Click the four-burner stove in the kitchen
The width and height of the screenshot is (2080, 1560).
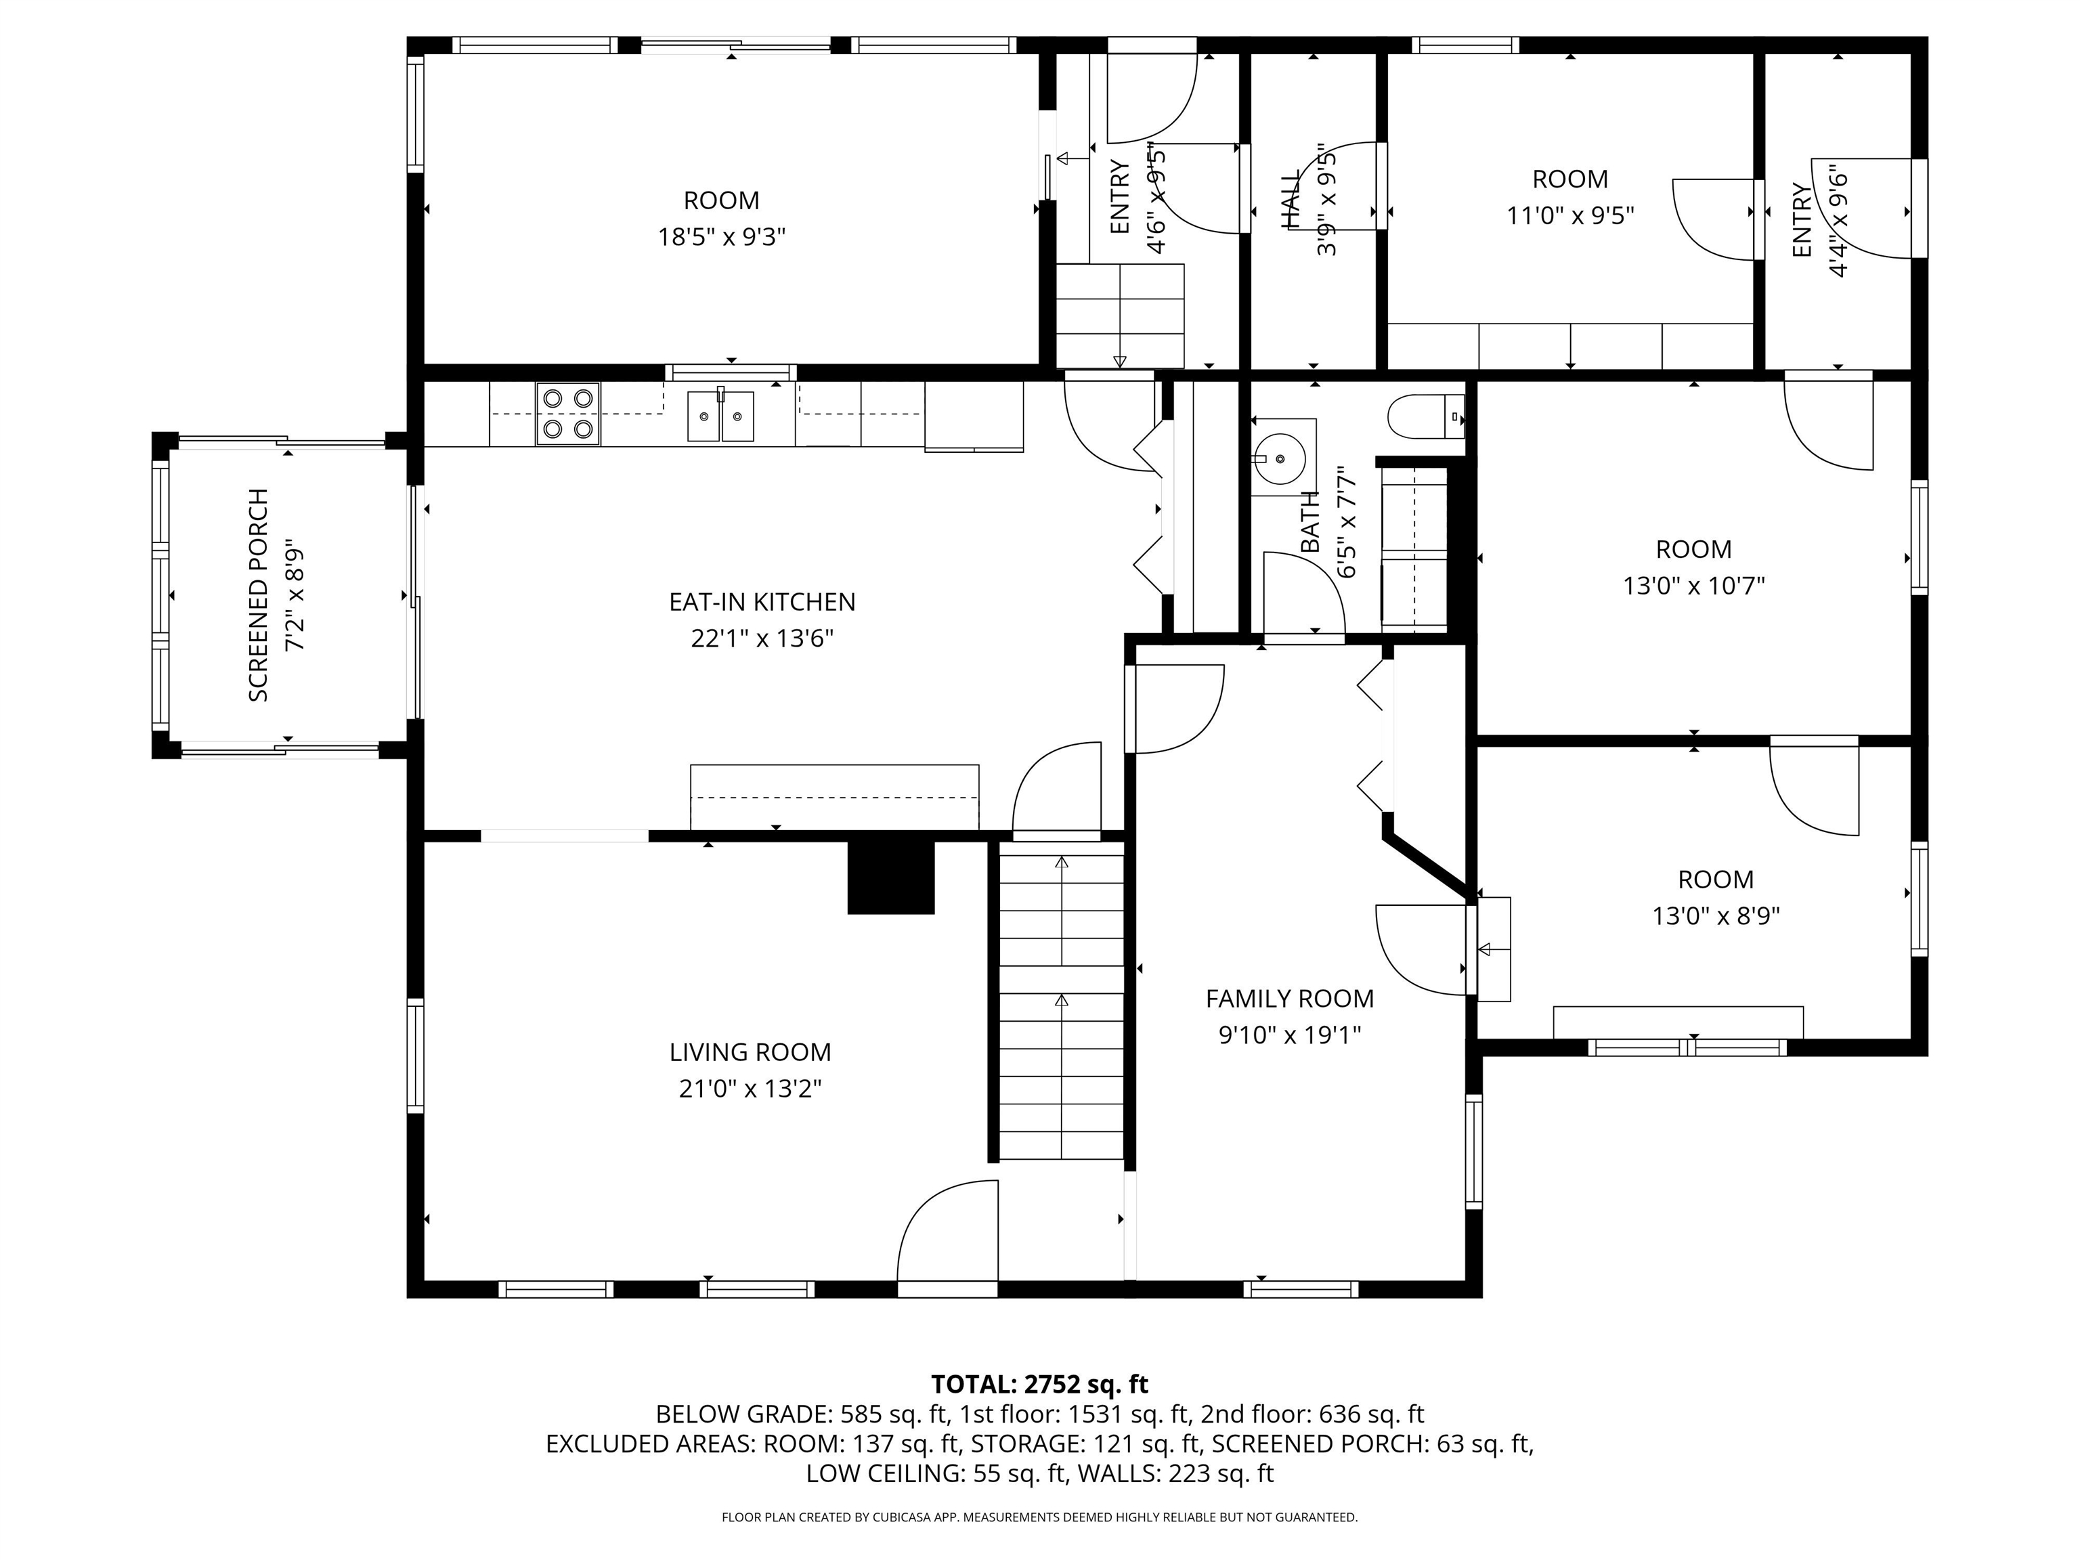click(568, 414)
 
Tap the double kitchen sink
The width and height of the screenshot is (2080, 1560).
click(720, 416)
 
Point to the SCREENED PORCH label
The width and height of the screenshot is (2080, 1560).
click(259, 595)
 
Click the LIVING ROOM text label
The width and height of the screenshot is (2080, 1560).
click(750, 1052)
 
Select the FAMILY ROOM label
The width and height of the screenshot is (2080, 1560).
click(1289, 999)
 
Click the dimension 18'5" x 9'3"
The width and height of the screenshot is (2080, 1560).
click(721, 237)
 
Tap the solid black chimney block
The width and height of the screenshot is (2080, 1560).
click(890, 876)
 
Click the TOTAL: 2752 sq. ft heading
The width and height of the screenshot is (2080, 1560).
click(1039, 1384)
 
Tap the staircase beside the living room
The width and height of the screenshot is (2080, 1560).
click(1061, 1001)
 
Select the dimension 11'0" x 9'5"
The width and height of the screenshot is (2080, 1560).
click(1569, 215)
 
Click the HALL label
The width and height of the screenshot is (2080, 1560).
click(1292, 199)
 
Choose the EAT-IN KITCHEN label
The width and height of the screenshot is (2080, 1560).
click(762, 602)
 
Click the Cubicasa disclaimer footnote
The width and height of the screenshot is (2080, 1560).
click(1039, 1517)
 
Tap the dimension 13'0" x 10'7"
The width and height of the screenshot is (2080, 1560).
click(1693, 586)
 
